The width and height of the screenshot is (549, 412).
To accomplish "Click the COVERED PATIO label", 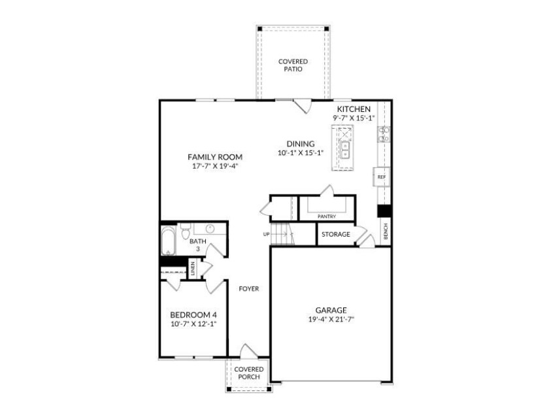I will tap(293, 65).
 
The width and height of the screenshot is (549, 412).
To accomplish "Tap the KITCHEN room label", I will tap(354, 109).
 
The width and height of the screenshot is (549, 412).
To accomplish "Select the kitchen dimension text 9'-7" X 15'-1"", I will tap(354, 118).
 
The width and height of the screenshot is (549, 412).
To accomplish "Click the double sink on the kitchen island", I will tap(344, 150).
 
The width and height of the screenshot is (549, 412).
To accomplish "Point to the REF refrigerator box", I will tap(382, 177).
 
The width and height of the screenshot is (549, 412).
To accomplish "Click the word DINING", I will tap(300, 144).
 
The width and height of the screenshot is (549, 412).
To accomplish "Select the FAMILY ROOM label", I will tap(215, 157).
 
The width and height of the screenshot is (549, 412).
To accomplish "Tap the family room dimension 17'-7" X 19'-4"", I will tap(215, 166).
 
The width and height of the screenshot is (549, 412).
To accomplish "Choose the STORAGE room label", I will tap(335, 234).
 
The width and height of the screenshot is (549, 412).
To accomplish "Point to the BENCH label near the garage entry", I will tap(386, 231).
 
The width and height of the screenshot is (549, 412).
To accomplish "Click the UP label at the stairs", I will tap(266, 234).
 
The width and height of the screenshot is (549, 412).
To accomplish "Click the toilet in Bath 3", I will tap(185, 230).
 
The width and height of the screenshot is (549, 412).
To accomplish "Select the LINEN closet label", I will tap(193, 268).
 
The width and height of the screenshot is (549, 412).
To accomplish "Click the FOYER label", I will tap(248, 288).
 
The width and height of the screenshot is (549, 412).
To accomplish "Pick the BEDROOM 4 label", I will tap(193, 314).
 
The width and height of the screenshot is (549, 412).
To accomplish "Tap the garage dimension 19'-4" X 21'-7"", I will tap(331, 320).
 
